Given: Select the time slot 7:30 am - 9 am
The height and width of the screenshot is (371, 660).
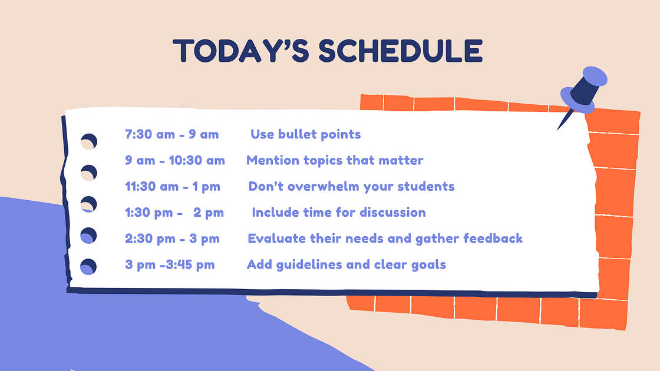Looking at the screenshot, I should coord(171,134).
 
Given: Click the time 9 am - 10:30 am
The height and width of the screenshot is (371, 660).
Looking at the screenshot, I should coord(175,160).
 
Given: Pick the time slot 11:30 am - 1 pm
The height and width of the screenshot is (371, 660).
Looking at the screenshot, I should coord(173,187).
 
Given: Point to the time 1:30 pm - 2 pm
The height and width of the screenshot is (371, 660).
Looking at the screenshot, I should coord(174,213).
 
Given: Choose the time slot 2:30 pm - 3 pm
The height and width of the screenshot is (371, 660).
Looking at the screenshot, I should coord(172,238).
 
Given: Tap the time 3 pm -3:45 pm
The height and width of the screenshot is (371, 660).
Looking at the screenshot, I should coord(170,264).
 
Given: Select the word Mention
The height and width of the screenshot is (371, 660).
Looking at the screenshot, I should coord(270,160).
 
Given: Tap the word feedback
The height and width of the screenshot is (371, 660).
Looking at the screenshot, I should coord(493,238).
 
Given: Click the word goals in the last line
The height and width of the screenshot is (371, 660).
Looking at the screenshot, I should coord(428,264).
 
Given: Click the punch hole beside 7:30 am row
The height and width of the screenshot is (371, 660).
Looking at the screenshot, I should coord(89,141).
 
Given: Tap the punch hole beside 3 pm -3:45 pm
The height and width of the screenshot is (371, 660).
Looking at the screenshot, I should coord(88,267).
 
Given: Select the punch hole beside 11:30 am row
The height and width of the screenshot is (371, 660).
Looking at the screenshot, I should coord(88,204).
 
